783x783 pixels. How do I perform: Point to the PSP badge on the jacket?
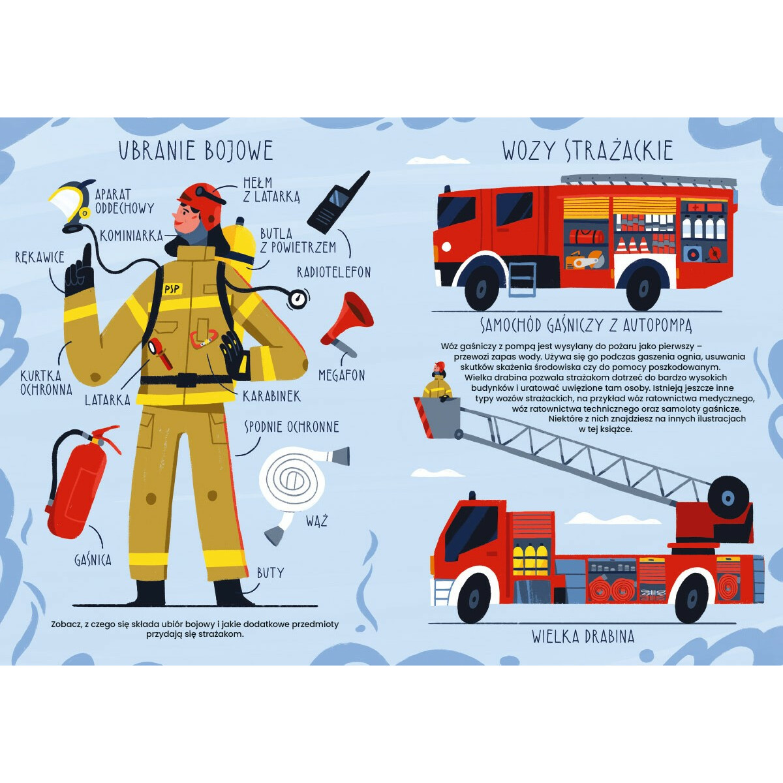pyautogui.click(x=172, y=288)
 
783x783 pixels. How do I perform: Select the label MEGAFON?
pyautogui.click(x=342, y=375)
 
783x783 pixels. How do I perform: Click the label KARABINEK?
pyautogui.click(x=272, y=396)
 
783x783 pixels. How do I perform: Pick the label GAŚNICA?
pyautogui.click(x=93, y=560)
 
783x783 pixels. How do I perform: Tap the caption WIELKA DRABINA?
pyautogui.click(x=583, y=637)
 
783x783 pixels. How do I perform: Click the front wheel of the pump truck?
pyautogui.click(x=481, y=288)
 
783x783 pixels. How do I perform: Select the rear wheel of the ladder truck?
pyautogui.click(x=692, y=600)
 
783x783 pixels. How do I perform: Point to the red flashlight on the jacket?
pyautogui.click(x=160, y=353)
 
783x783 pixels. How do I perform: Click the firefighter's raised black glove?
pyautogui.click(x=80, y=271)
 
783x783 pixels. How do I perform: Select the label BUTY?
pyautogui.click(x=270, y=573)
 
